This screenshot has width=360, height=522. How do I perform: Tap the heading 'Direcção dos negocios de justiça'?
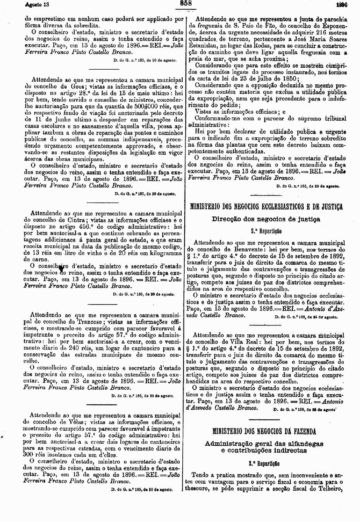[x=266, y=219]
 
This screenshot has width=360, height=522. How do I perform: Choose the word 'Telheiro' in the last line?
[x=330, y=489]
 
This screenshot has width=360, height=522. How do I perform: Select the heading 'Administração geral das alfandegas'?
[x=264, y=444]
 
